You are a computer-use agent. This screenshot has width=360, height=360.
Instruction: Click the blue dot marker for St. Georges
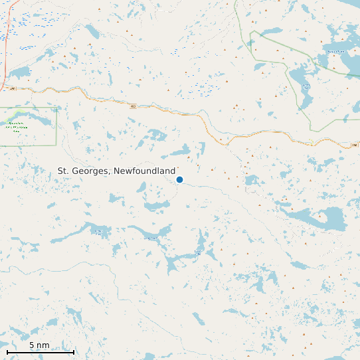coord(179,179)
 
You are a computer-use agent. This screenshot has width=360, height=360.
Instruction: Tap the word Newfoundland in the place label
coord(144,171)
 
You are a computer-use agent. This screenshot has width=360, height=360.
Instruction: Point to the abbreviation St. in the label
coord(63,171)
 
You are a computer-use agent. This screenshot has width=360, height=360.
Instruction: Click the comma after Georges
coord(111,173)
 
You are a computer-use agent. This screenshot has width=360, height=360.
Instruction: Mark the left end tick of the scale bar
coord(7,352)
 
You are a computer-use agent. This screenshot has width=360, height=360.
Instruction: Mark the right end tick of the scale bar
coord(74,352)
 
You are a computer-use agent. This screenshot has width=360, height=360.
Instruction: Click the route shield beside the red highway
coord(13,88)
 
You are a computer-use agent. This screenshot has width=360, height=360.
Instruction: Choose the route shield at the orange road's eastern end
coord(355,145)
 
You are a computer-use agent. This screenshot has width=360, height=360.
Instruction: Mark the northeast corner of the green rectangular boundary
coord(56,108)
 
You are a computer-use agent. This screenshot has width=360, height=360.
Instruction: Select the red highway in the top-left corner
coord(7,40)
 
